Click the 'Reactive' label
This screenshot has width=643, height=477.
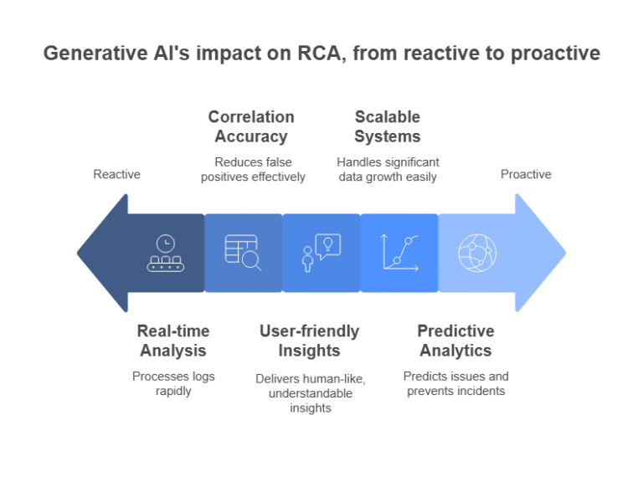tap(116, 174)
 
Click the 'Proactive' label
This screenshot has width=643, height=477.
tap(526, 174)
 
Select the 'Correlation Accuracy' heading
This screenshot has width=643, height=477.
tap(251, 126)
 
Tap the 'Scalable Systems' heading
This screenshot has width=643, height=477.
tap(387, 126)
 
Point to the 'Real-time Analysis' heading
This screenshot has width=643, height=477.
tap(173, 341)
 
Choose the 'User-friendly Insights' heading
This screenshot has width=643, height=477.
tap(309, 341)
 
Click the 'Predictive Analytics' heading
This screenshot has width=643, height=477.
tap(455, 341)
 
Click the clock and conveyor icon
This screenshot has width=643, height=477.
tap(166, 253)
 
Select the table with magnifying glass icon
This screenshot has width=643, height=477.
tap(243, 253)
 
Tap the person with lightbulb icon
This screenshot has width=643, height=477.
tap(321, 253)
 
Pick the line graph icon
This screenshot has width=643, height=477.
tap(399, 253)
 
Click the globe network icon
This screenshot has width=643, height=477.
tap(477, 253)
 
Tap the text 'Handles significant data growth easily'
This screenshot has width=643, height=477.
tap(388, 169)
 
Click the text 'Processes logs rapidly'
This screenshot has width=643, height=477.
tap(173, 383)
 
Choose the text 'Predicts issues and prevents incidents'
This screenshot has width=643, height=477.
tap(455, 383)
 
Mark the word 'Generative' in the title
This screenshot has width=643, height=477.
tap(91, 53)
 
